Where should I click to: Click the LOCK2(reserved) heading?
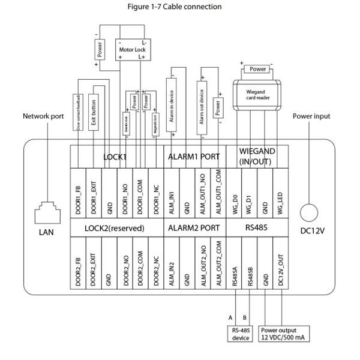click(116, 228)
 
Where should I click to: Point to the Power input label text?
click(311, 116)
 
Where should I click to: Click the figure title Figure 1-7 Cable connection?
click(175, 7)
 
